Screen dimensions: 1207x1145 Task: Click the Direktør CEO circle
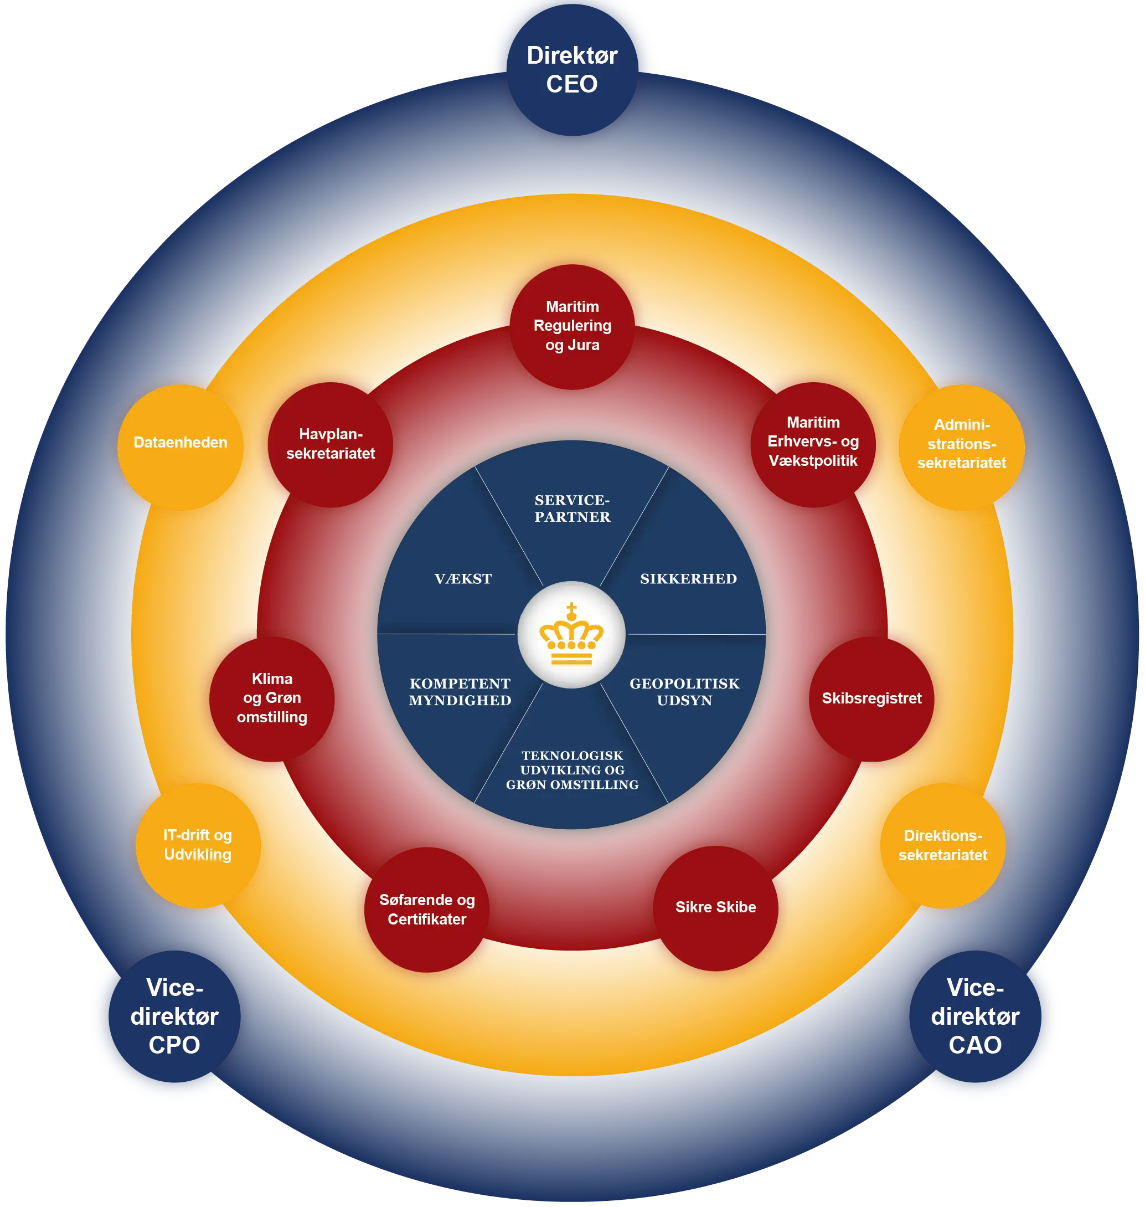tap(572, 69)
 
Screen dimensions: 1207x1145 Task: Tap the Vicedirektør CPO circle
tap(174, 1016)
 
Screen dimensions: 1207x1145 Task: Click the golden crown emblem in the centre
tap(571, 634)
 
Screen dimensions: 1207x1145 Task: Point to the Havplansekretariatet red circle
tap(330, 444)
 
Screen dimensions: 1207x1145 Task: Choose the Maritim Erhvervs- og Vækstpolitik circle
tap(813, 442)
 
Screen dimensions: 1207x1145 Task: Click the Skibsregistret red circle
tap(871, 698)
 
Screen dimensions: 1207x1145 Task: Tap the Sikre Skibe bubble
tap(715, 907)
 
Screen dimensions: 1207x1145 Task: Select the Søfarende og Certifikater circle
tap(427, 909)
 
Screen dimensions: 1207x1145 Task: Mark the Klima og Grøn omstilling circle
tap(272, 698)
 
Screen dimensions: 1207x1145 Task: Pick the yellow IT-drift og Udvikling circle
tap(198, 845)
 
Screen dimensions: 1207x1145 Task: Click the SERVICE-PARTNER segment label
tap(572, 509)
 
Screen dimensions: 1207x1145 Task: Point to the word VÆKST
tap(463, 579)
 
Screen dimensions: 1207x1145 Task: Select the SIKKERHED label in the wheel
tap(688, 579)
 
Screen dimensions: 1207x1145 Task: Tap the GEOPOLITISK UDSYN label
tap(684, 692)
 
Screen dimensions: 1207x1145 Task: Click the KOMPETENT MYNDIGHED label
tap(460, 692)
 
